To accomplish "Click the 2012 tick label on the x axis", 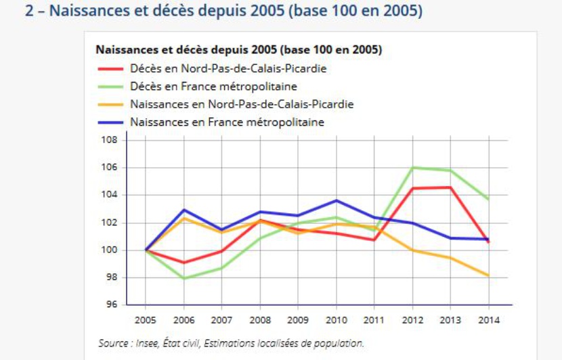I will tap(412, 319).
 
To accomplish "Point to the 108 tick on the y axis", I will tap(110, 140).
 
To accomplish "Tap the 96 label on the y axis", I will tap(112, 305).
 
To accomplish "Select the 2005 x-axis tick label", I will tap(146, 319).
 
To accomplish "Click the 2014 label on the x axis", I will tap(489, 319).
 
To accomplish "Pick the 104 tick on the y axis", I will tap(110, 195).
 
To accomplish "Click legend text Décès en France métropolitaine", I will tap(213, 87).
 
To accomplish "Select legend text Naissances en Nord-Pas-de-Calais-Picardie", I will tap(242, 105).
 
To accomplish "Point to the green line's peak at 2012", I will tap(412, 167).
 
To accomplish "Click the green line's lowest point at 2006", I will tap(184, 278).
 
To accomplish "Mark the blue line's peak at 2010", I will tap(337, 200).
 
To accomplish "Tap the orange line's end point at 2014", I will tap(489, 275).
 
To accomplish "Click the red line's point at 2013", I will tap(450, 187).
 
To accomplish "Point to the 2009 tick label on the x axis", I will tap(298, 319).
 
